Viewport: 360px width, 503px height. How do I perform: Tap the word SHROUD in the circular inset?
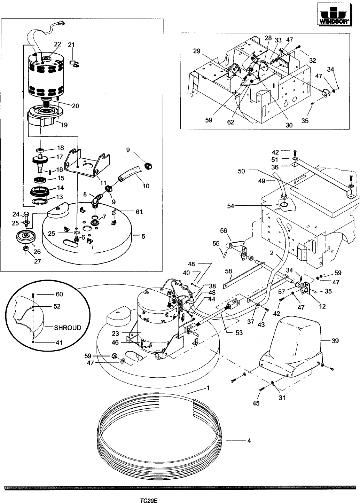(68, 328)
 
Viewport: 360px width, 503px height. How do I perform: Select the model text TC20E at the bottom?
(149, 500)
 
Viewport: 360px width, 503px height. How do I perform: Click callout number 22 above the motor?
(57, 44)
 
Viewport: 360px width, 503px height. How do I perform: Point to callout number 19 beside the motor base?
(64, 125)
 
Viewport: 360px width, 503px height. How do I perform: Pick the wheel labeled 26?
(26, 237)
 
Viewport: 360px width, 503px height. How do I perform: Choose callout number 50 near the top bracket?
(241, 171)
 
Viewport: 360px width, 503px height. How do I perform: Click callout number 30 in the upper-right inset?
(289, 125)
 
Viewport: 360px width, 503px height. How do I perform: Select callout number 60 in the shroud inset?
(59, 294)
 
